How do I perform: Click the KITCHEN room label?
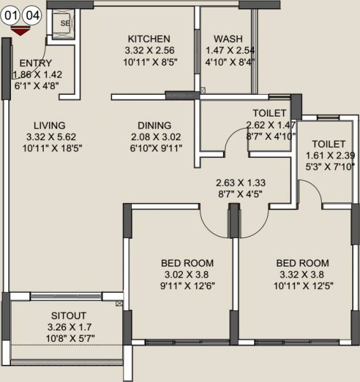[x=148, y=38]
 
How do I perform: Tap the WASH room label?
[x=227, y=38]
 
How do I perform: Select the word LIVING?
[x=50, y=125]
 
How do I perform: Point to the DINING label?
[x=154, y=125]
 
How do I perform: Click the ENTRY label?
[x=36, y=63]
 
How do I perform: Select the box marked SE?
[x=64, y=24]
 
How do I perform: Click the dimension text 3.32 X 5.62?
[x=50, y=137]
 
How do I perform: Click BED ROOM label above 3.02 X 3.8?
[x=187, y=263]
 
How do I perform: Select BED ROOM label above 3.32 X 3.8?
[x=303, y=263]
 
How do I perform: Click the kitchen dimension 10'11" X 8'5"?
[x=148, y=62]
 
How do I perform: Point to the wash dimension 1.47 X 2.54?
[x=227, y=50]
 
